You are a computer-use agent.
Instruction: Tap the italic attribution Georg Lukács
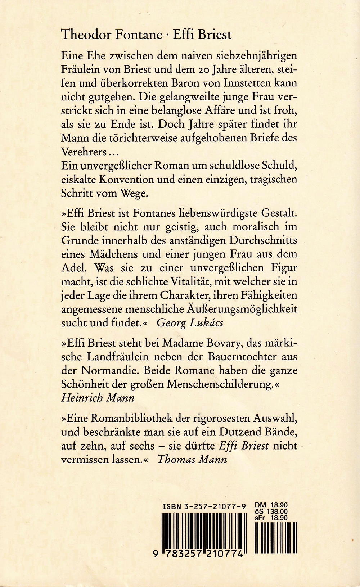point(190,322)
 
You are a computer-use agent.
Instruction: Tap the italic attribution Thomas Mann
point(192,460)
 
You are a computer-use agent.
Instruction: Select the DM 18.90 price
point(270,505)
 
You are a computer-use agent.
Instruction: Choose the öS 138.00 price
point(270,511)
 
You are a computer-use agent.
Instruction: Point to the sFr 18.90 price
point(270,518)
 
